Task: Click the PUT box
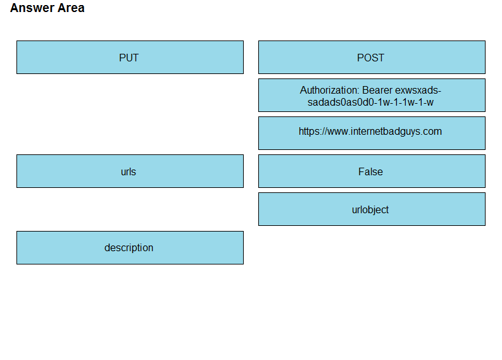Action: tap(130, 58)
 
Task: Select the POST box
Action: tap(372, 58)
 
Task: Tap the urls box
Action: tap(130, 171)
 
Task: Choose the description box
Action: tap(130, 247)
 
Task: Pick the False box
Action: tap(372, 171)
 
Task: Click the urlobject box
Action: tap(372, 209)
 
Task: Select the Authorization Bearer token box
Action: tap(372, 96)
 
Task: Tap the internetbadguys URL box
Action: tap(372, 133)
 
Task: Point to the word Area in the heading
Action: tap(72, 8)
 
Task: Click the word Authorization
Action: tap(329, 90)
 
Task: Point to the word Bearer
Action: tap(377, 90)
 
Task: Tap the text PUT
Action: tap(129, 58)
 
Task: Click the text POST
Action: tap(370, 58)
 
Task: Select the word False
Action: tap(370, 172)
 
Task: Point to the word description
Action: tap(129, 248)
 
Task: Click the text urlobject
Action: tap(370, 210)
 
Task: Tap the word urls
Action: tap(129, 172)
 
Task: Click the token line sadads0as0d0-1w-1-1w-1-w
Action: tap(370, 102)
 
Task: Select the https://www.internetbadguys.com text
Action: tap(370, 132)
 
